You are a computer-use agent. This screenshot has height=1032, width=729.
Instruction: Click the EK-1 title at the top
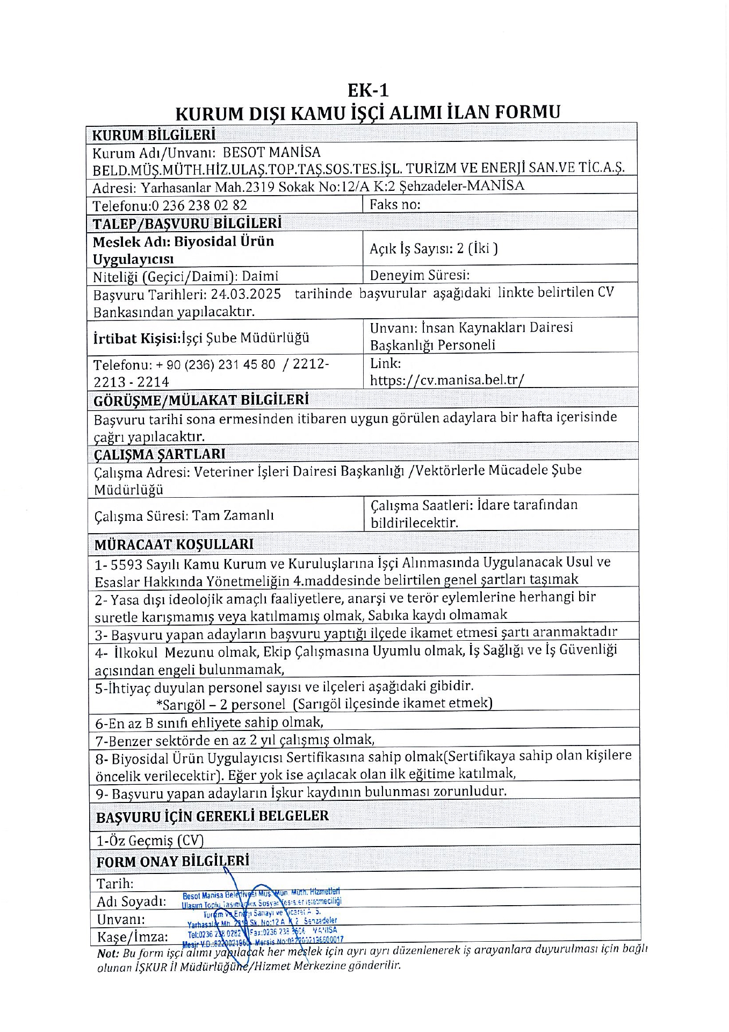367,89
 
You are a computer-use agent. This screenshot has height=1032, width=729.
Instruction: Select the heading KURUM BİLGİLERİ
154,134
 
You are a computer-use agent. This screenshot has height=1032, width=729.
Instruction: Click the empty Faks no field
500,204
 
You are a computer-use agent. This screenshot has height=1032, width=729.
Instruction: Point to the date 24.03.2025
246,294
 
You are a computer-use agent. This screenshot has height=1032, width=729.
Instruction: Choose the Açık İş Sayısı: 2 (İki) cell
434,248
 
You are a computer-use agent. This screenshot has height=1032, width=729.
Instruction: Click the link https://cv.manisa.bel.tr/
447,380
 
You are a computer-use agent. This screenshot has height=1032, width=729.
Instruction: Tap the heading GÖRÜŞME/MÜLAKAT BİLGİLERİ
201,400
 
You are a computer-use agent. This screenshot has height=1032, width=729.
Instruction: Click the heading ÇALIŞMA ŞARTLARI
160,454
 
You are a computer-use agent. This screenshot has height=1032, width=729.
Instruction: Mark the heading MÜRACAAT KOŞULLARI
174,544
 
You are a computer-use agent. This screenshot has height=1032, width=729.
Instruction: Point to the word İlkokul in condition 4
136,653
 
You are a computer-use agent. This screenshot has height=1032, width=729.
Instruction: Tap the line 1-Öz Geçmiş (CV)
150,840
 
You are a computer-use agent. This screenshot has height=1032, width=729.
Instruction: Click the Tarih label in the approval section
115,883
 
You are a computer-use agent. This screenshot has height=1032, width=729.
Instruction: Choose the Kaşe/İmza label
132,936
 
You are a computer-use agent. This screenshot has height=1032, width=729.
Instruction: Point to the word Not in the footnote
107,954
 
